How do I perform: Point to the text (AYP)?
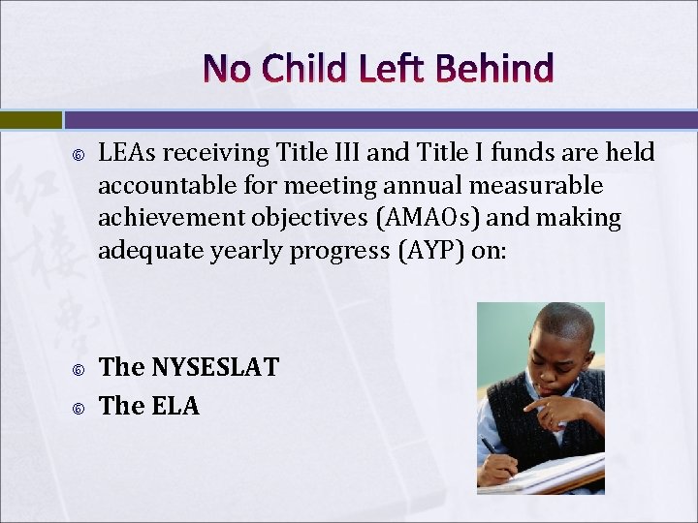point(427,251)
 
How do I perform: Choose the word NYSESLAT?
point(214,367)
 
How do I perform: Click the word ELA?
point(175,406)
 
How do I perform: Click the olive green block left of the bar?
point(30,120)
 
